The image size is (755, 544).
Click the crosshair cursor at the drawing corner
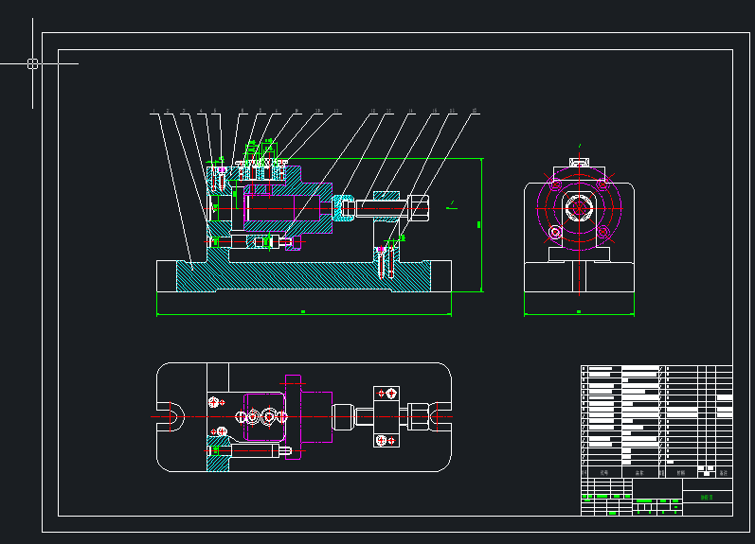pos(32,64)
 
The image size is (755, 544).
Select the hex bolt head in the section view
pos(418,206)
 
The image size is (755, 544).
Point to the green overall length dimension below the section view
pos(302,311)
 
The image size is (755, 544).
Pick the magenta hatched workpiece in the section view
pos(284,207)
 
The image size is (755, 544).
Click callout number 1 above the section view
pos(153,112)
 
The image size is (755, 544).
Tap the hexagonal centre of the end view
pos(578,207)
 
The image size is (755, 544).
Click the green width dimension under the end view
pos(579,311)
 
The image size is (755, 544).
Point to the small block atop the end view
pos(578,158)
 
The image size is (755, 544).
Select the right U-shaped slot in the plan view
pos(438,414)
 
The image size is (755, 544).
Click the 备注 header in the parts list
pos(724,472)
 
